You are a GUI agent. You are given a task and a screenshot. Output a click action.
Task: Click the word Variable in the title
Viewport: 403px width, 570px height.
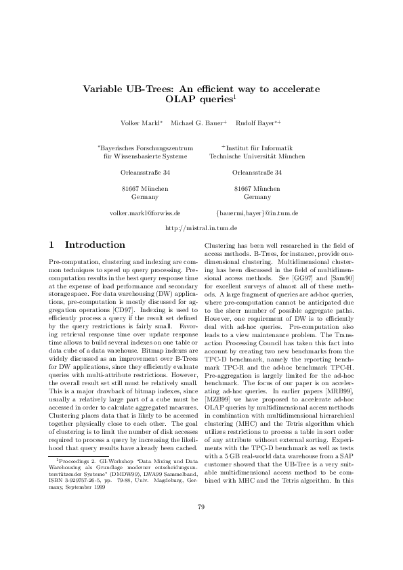102,88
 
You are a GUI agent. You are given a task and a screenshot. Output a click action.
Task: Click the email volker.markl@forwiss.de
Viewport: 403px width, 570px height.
144,213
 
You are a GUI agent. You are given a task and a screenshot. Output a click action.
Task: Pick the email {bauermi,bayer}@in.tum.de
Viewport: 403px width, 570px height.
257,213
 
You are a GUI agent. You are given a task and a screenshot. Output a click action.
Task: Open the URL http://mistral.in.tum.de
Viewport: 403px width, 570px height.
200,229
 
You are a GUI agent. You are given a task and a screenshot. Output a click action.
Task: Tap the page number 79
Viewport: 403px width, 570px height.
201,526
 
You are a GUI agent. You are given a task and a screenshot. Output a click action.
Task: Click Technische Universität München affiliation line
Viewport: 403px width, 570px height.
257,156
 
